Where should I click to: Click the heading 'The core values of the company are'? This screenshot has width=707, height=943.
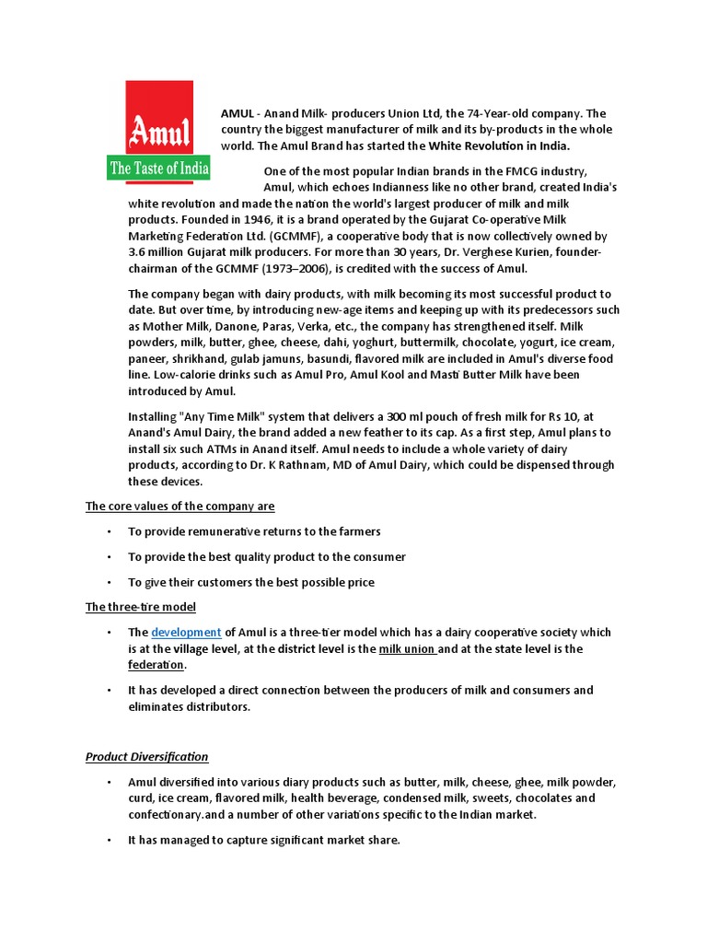[x=180, y=506]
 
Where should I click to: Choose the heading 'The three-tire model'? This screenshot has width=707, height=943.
[x=141, y=607]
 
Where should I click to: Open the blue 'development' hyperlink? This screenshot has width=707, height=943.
[x=186, y=633]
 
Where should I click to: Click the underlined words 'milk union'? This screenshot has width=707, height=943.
[x=407, y=649]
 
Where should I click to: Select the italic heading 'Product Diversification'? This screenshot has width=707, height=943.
[x=147, y=757]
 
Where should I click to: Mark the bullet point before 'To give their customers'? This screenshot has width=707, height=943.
[x=109, y=582]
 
